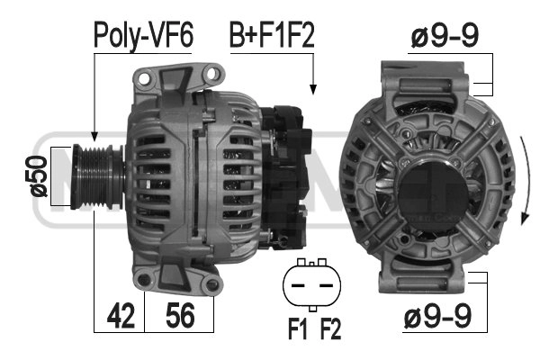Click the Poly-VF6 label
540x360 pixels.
point(143,36)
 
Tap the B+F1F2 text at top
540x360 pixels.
point(272,35)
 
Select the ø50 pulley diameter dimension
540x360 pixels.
point(39,176)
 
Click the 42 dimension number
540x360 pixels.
point(121,315)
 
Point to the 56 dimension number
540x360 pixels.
point(180,315)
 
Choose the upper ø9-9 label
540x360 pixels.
point(445,35)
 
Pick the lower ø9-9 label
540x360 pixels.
point(437,315)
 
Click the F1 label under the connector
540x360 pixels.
point(297,328)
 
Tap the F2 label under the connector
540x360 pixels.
point(330,328)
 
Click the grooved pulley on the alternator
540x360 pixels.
point(97,176)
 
